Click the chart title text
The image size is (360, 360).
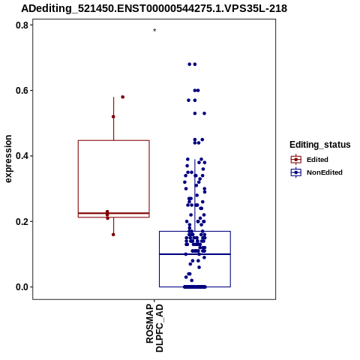pos(154,8)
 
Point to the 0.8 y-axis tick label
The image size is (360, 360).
pos(22,25)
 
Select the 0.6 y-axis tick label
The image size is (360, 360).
pos(22,91)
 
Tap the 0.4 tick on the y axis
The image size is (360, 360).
pos(22,156)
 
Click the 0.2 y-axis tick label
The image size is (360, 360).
pos(22,221)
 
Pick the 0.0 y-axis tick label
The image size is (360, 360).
pos(22,287)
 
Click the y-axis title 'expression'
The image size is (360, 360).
pos(8,159)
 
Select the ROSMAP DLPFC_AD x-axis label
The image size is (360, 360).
pos(154,328)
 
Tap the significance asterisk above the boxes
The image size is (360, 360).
pos(154,30)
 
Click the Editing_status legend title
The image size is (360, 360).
pos(320,145)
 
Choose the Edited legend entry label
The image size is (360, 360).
pos(317,160)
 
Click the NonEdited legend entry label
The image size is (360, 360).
pos(325,172)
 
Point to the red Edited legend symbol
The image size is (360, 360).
pos(296,160)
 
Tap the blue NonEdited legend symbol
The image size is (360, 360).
pos(296,172)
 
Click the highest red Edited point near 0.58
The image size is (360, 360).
pos(123,97)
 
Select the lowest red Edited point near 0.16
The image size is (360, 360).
pos(113,235)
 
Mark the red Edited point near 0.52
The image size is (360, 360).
pos(113,117)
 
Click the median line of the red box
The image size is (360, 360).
pos(114,213)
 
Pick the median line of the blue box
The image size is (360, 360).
pos(195,254)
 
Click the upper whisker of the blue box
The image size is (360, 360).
pos(195,195)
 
